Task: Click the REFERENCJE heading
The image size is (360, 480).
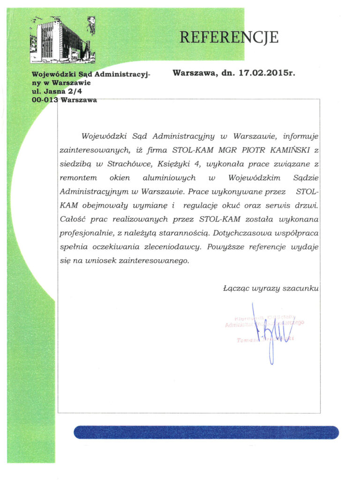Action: coord(229,37)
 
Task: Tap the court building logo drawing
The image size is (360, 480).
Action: coord(62,40)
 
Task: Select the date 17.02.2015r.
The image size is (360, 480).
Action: coord(267,73)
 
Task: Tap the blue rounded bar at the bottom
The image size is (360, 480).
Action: coord(206,432)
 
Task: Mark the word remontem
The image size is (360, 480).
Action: coord(78,178)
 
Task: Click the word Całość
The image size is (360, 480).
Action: coord(74,219)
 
